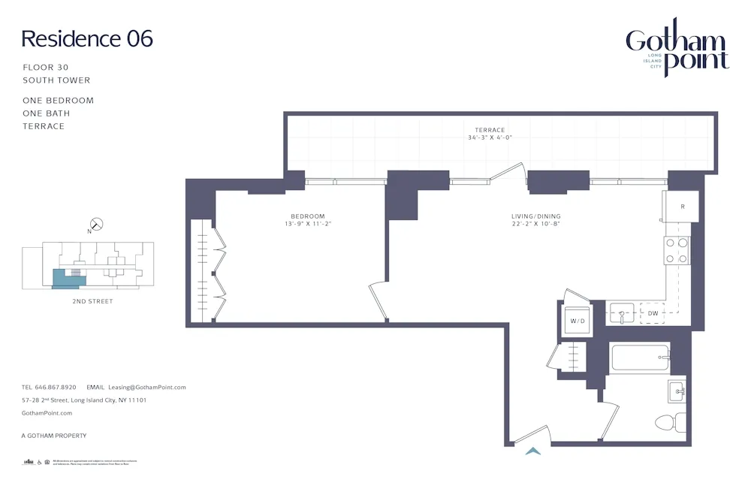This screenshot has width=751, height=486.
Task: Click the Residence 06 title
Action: pyautogui.click(x=87, y=38)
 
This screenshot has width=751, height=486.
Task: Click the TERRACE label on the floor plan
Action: pyautogui.click(x=490, y=130)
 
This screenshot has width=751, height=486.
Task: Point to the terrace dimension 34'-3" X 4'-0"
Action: pyautogui.click(x=490, y=138)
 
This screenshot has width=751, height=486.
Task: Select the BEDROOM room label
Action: pyautogui.click(x=309, y=216)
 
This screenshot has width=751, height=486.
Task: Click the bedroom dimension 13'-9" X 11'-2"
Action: pyautogui.click(x=309, y=224)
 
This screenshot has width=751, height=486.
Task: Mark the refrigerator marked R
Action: pyautogui.click(x=681, y=206)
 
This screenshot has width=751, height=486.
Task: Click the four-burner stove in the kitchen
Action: pyautogui.click(x=677, y=251)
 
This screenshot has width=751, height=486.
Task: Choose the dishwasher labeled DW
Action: pyautogui.click(x=653, y=312)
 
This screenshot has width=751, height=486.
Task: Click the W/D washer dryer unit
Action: pyautogui.click(x=577, y=321)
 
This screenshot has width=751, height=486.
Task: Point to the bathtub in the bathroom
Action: pyautogui.click(x=640, y=357)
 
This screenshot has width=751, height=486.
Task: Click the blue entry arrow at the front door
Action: pyautogui.click(x=533, y=451)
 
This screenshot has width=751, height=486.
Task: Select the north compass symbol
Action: pyautogui.click(x=96, y=224)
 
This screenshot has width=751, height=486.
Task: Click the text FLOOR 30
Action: pyautogui.click(x=46, y=68)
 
